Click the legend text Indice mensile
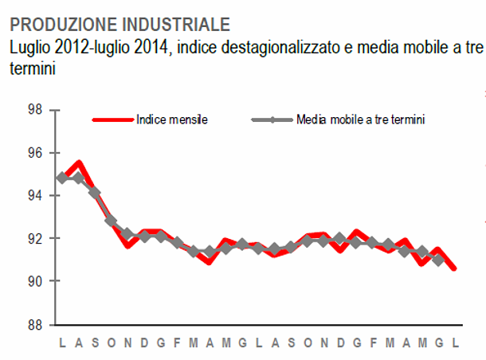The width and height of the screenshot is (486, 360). [x=172, y=120]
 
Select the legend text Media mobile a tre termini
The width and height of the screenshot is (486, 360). [x=360, y=120]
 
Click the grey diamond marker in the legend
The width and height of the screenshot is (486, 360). [x=271, y=120]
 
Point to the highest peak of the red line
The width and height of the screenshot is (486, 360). [x=78, y=163]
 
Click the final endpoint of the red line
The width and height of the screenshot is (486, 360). [x=454, y=268]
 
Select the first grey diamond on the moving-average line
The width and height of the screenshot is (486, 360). [x=62, y=178]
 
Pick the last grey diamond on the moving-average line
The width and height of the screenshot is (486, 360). [x=437, y=260]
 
